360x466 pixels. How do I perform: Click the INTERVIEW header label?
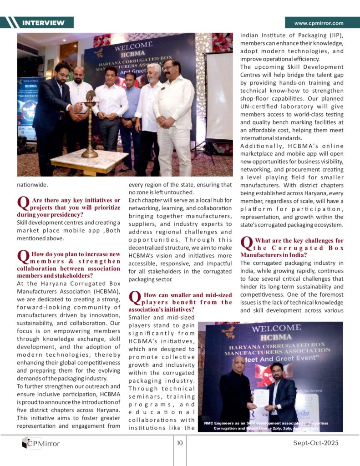[x=43, y=23]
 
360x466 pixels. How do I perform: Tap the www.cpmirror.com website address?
[x=319, y=23]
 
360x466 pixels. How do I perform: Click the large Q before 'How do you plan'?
[x=23, y=257]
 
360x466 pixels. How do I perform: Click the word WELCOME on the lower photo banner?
[x=276, y=329]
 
